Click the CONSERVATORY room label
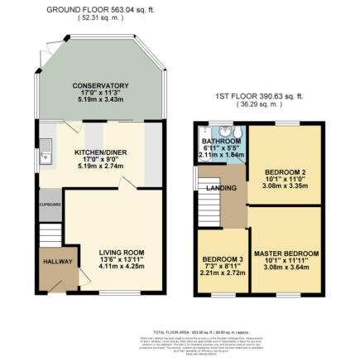click(x=100, y=85)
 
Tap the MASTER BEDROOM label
click(x=286, y=253)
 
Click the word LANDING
click(x=229, y=188)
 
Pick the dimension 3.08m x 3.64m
click(x=286, y=266)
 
